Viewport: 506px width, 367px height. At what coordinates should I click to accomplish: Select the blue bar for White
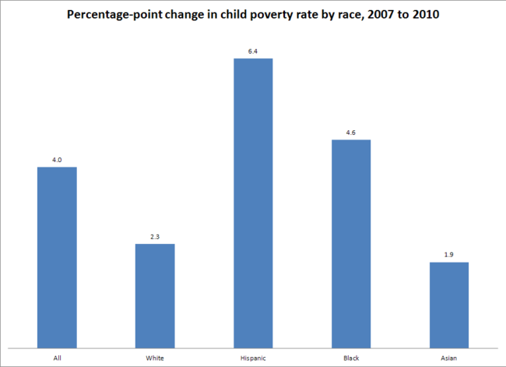click(155, 295)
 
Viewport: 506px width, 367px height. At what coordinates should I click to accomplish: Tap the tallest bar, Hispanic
click(253, 203)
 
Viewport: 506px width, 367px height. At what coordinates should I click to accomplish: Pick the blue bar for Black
click(351, 243)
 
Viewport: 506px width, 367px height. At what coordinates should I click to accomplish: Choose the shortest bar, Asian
click(449, 305)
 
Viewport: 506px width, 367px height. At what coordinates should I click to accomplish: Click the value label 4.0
click(57, 160)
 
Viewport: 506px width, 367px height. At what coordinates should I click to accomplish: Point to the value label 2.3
click(155, 237)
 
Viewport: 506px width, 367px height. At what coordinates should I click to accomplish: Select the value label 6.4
click(253, 51)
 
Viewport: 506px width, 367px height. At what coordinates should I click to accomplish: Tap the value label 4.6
click(351, 133)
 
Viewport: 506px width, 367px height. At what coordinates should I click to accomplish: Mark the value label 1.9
click(449, 255)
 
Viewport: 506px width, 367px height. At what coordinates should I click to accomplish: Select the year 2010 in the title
click(427, 15)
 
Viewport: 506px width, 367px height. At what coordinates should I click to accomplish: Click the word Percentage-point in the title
click(123, 15)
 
